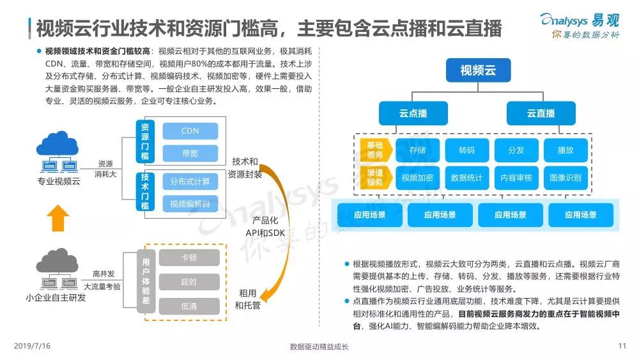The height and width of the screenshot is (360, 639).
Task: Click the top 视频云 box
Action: click(478, 70)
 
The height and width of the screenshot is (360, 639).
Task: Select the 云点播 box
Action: click(413, 113)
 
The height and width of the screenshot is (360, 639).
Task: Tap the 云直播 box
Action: click(541, 113)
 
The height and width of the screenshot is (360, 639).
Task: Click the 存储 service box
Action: click(417, 150)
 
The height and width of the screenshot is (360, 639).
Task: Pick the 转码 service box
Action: click(466, 150)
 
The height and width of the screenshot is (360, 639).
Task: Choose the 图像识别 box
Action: click(566, 178)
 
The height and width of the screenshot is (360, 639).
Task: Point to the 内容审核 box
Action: click(516, 178)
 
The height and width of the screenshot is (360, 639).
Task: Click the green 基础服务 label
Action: click(375, 150)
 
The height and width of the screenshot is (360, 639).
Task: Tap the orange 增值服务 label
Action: click(375, 178)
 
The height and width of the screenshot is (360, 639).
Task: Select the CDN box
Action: click(190, 131)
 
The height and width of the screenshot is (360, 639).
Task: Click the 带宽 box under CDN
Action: click(190, 153)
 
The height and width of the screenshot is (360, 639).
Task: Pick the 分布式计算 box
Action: click(190, 182)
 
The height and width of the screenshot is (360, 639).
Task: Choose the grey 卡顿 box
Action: click(189, 258)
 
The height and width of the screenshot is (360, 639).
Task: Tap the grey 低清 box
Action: click(189, 306)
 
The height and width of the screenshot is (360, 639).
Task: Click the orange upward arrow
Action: click(58, 218)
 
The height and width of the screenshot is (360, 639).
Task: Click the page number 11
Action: click(622, 347)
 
